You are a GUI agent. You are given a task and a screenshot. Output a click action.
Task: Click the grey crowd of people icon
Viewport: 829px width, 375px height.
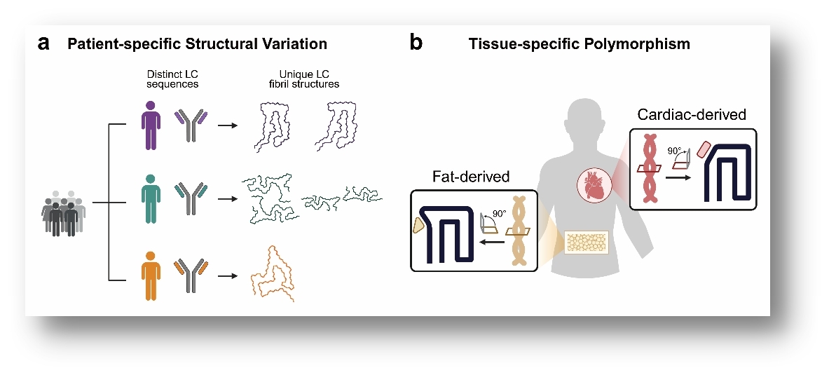point(64,214)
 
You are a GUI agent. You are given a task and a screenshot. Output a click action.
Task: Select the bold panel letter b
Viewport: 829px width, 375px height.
point(416,44)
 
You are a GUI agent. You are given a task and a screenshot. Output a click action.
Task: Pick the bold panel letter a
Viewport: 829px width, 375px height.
point(44,44)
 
